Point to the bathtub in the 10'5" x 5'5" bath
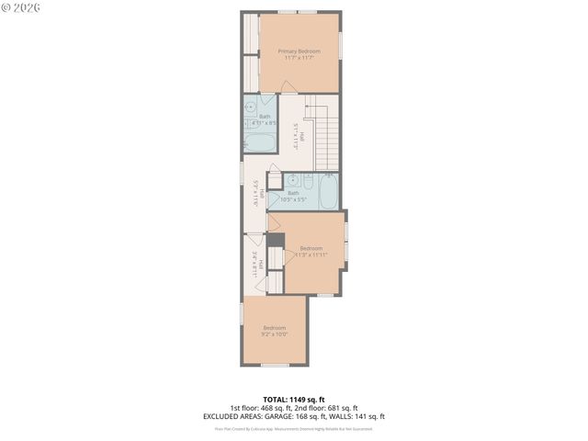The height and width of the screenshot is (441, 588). point(329,194)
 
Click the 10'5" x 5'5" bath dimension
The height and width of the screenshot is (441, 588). point(294,199)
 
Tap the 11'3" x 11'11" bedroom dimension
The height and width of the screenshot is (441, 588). point(311,254)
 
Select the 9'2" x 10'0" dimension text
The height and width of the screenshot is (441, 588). point(275,334)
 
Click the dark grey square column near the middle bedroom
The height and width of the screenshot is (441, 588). point(274,240)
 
